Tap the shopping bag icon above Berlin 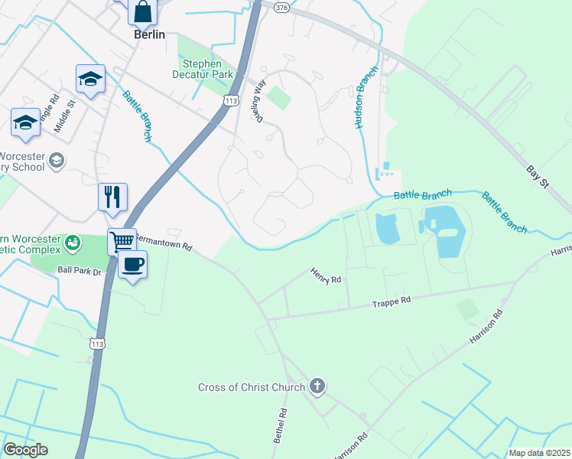coord(142,11)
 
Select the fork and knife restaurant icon coord(113,197)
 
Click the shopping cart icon coord(122,242)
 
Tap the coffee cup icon coord(133,265)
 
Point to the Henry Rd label coord(325,275)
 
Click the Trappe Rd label coord(392,301)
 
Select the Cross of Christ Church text coord(252,388)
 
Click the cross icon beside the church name coord(317,387)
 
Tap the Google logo coord(25,450)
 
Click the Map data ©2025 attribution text coord(538,453)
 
